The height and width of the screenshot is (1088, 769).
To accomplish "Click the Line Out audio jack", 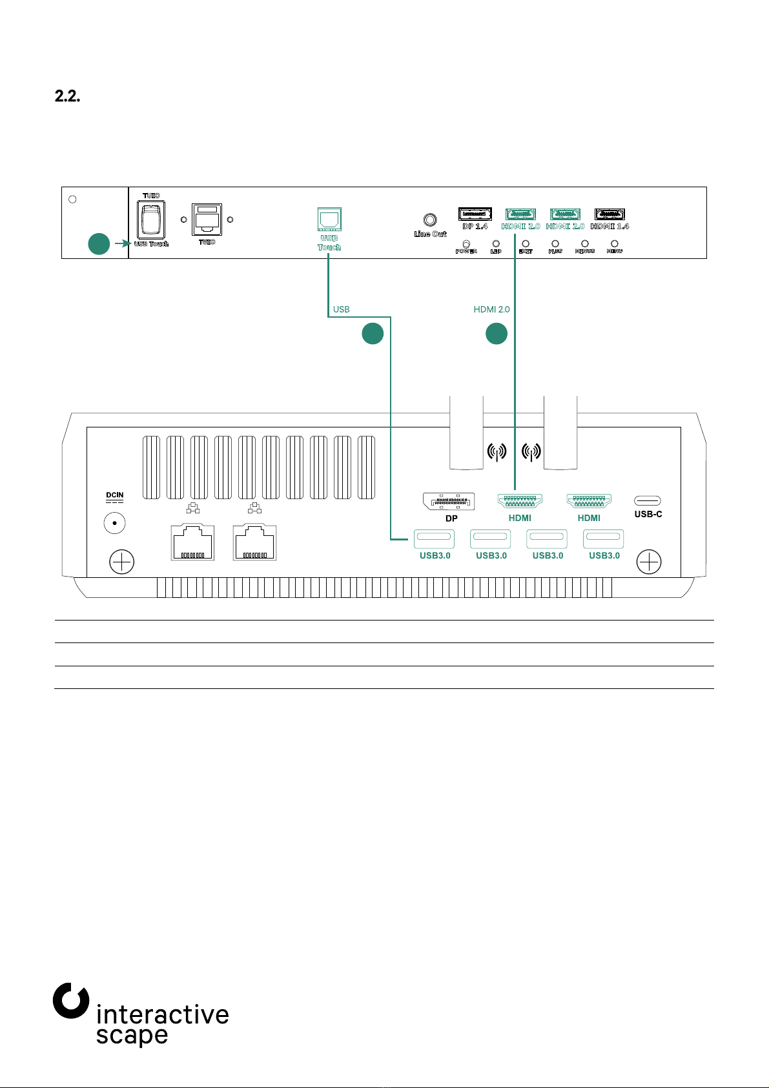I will click(x=429, y=220).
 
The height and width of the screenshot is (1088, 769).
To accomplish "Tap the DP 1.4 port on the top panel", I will click(x=475, y=214).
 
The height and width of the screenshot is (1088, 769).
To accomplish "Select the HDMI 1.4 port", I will click(x=610, y=214).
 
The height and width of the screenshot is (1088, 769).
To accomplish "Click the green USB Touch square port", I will click(x=329, y=220).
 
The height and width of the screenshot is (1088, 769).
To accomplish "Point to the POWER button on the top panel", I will click(x=466, y=244).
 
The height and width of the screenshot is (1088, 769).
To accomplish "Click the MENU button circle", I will click(x=615, y=244).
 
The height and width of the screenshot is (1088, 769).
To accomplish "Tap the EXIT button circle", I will click(x=526, y=244).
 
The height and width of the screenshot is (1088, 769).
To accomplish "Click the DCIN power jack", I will click(x=115, y=523).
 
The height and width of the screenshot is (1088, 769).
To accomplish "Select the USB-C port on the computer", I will click(x=648, y=500).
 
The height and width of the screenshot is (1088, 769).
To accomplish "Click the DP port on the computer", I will click(x=449, y=501).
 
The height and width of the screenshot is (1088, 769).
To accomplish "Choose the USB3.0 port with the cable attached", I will click(x=435, y=539).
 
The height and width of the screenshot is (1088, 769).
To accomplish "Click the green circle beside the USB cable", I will click(x=373, y=333).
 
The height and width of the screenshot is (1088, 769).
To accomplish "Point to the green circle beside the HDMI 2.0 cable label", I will click(x=497, y=333).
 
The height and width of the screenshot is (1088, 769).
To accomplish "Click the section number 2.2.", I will click(x=67, y=97).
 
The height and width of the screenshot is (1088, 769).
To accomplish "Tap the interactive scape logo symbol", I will click(x=70, y=1001).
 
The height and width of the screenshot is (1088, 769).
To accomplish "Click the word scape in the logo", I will click(x=132, y=1035).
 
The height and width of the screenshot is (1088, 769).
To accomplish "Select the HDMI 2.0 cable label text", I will click(x=491, y=309).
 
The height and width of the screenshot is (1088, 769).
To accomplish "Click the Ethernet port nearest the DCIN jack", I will click(x=192, y=542).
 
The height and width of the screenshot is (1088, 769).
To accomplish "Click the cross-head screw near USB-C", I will click(x=649, y=562).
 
